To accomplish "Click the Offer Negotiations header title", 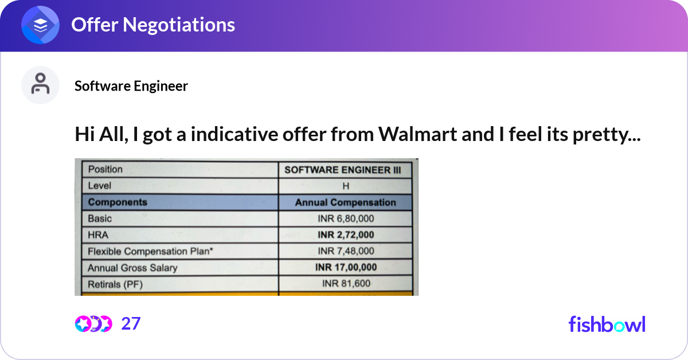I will [x=153, y=25].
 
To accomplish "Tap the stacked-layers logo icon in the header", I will [x=41, y=25].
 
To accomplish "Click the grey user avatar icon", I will [x=40, y=85].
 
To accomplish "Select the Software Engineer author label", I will [x=131, y=86].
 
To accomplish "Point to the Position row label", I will [x=105, y=169].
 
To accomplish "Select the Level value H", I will [x=346, y=186].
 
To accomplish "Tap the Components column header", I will [x=118, y=202].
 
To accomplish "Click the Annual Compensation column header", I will [x=345, y=202].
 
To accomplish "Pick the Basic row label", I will [x=100, y=218].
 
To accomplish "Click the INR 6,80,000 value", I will [x=346, y=218].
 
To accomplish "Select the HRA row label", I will [x=99, y=234].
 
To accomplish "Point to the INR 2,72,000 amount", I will [x=346, y=234].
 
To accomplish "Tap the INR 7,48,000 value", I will [x=346, y=251].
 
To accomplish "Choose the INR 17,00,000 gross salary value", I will [x=346, y=267].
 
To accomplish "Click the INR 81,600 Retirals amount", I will [x=346, y=283].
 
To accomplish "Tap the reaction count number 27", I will [x=131, y=324].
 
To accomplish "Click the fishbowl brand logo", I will [x=607, y=324].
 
